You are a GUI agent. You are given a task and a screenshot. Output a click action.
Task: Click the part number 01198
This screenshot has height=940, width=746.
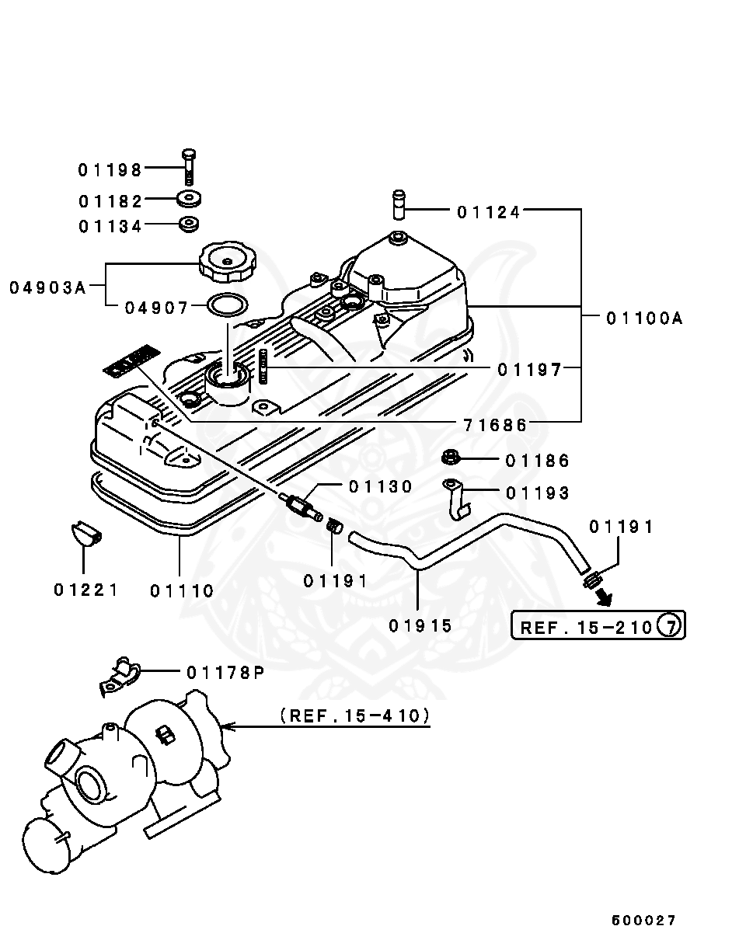tap(110, 169)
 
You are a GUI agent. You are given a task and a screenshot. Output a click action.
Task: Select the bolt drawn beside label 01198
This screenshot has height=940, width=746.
tap(190, 165)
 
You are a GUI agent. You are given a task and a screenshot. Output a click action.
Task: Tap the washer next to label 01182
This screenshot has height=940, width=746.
tap(188, 199)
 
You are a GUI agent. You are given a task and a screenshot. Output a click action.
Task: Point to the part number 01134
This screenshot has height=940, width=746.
tap(110, 227)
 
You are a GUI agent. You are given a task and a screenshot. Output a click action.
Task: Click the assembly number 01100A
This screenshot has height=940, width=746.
tap(644, 318)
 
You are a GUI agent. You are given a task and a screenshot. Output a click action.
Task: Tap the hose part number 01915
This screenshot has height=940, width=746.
tap(420, 625)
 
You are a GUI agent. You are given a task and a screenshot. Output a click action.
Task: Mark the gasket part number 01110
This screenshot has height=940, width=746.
tap(182, 591)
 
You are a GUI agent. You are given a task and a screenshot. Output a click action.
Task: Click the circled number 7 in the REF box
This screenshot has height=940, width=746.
tap(671, 625)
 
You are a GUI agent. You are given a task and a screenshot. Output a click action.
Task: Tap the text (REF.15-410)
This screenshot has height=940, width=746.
tap(355, 715)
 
